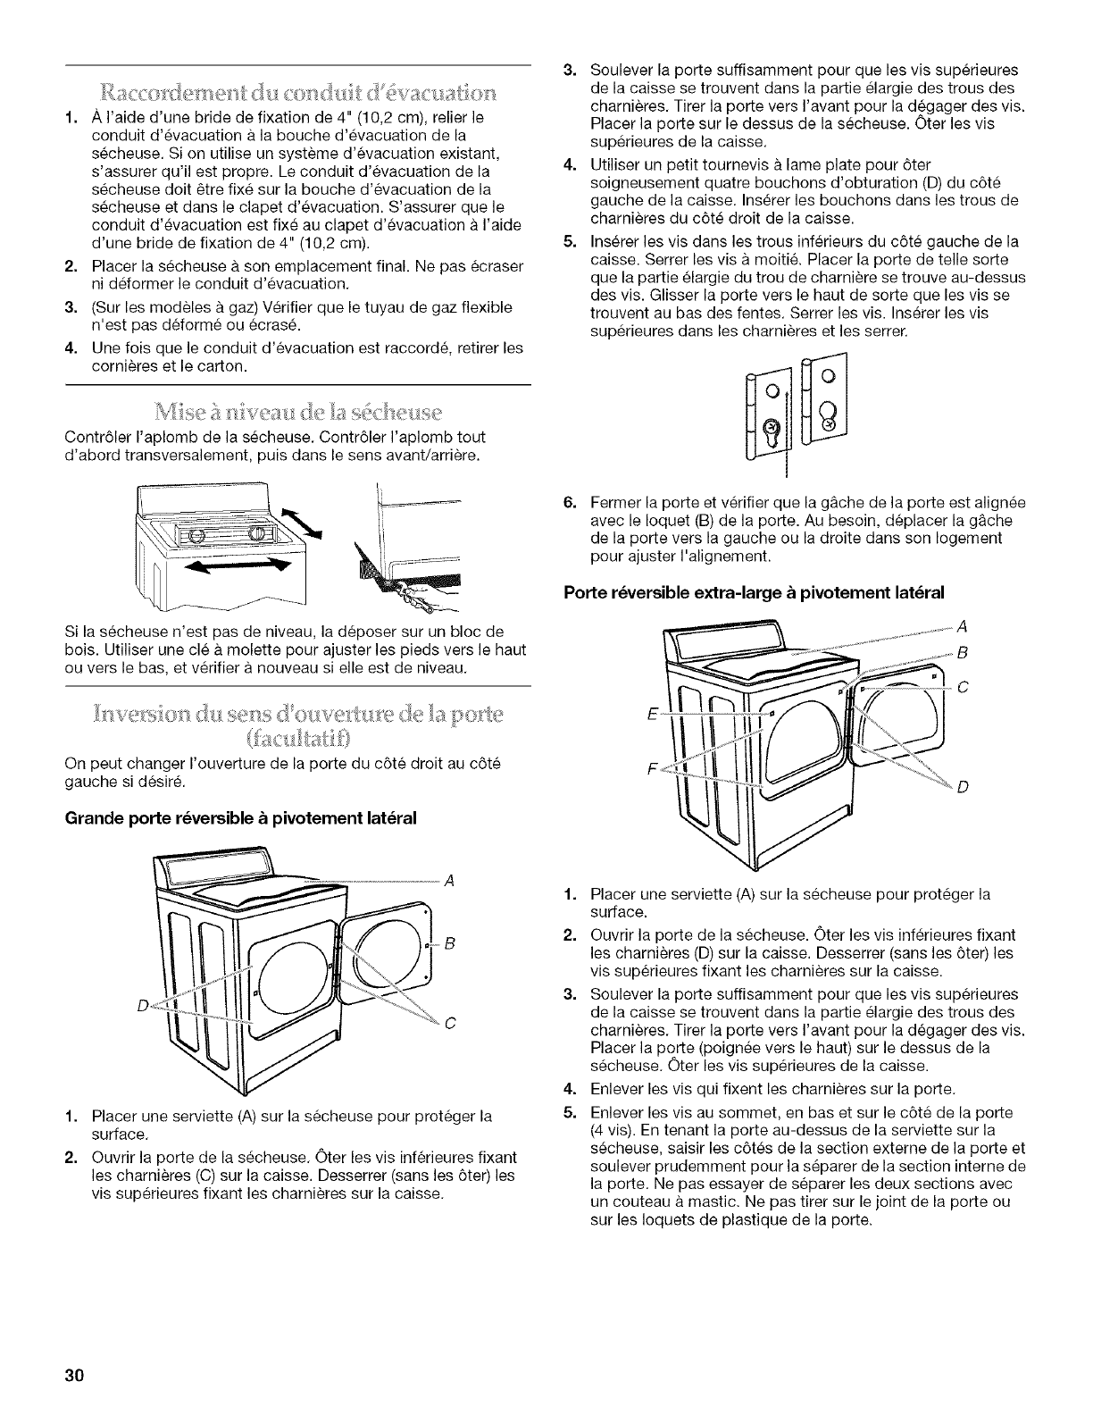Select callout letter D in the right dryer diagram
[x=961, y=787]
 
